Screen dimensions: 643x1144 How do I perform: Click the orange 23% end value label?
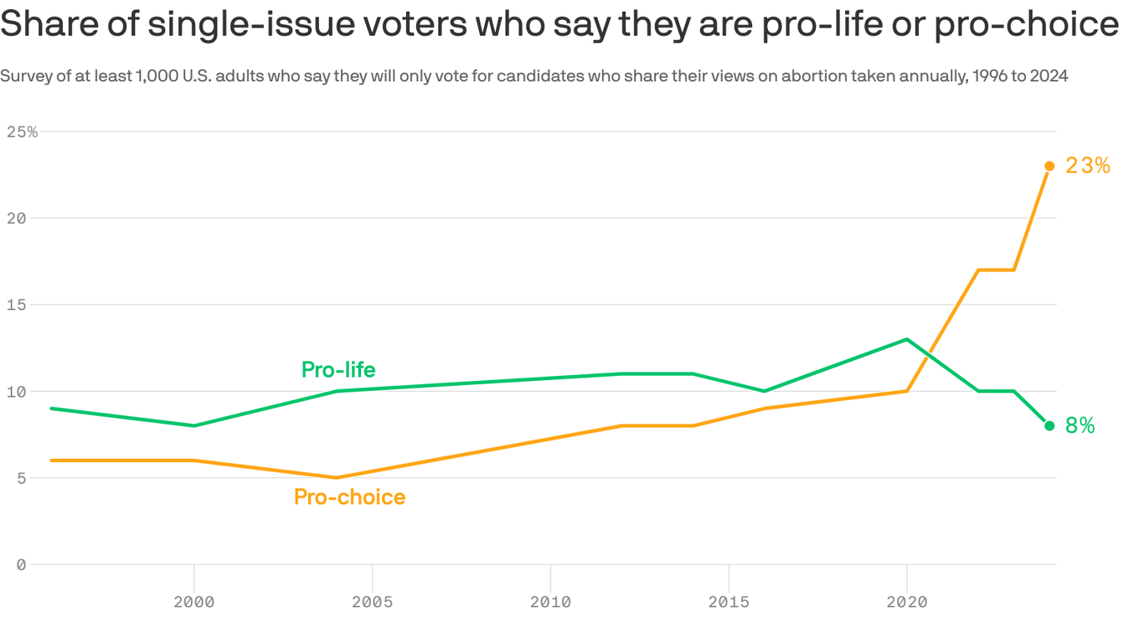(1087, 166)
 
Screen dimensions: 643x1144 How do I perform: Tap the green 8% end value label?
(1080, 426)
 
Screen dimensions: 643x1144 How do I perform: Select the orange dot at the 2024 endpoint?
(1049, 166)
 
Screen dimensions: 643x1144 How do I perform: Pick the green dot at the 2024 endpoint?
(1049, 426)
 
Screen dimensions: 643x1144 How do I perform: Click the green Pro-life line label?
(338, 370)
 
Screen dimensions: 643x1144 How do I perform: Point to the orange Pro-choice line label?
(349, 497)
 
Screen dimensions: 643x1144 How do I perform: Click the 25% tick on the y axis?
(22, 132)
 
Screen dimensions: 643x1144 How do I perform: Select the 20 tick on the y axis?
(16, 219)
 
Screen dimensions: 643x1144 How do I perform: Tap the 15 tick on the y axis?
(16, 305)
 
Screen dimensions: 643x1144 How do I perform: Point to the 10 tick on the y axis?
(16, 392)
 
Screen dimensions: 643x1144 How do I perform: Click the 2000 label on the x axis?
(194, 602)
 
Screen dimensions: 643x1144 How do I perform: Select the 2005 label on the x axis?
(372, 602)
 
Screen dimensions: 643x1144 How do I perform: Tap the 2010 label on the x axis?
(550, 602)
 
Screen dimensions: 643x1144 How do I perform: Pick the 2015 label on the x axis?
(729, 602)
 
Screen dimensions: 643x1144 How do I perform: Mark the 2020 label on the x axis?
(906, 602)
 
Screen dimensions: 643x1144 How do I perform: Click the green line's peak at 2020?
(906, 339)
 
